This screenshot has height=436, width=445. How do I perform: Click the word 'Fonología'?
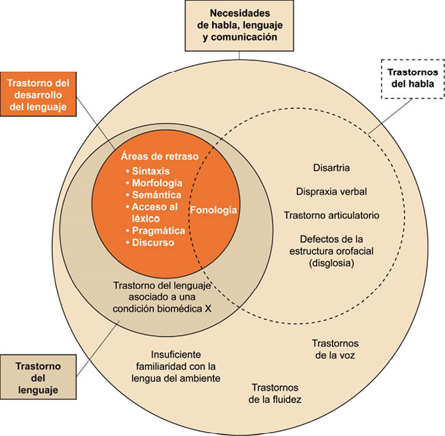point(214,211)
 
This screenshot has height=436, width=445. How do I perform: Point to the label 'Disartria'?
point(330,168)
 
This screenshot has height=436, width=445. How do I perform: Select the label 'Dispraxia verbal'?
point(330,191)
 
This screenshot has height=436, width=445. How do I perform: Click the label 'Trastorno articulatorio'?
point(331,215)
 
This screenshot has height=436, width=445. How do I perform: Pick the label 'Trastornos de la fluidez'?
point(276,393)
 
